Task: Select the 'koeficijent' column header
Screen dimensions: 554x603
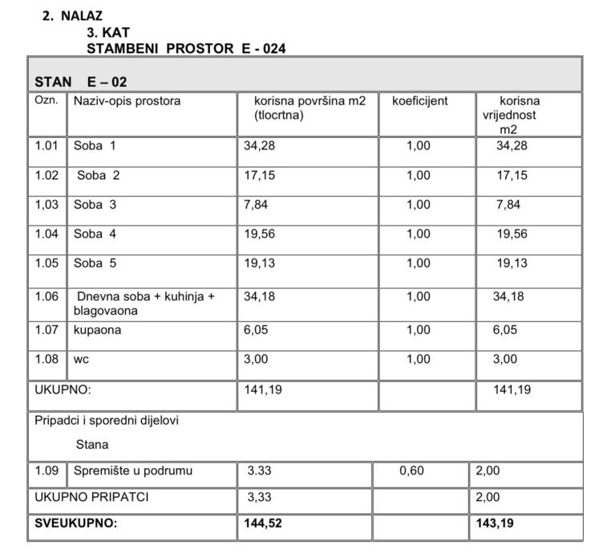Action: pos(419,102)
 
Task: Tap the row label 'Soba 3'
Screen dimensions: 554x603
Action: pos(95,205)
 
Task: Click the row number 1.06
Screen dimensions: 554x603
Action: pos(47,296)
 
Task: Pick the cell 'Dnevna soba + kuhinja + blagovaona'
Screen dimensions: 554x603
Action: pos(144,303)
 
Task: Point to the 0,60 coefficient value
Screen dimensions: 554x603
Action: pos(411,471)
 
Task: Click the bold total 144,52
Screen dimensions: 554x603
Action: pos(262,523)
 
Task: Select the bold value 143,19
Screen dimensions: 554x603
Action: pos(494,523)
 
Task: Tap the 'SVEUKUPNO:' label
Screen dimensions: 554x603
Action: pos(75,523)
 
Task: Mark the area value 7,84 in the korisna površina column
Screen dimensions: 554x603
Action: pos(257,205)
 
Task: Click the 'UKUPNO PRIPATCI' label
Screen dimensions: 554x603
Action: pos(91,498)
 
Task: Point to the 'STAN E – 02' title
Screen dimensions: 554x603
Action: pos(80,82)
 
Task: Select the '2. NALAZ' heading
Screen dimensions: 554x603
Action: pos(72,15)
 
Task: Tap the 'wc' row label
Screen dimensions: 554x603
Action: pos(81,359)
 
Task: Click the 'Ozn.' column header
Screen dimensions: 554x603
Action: pos(44,100)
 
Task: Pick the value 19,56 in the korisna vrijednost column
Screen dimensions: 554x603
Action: pos(513,234)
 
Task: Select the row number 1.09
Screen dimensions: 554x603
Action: pos(47,471)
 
